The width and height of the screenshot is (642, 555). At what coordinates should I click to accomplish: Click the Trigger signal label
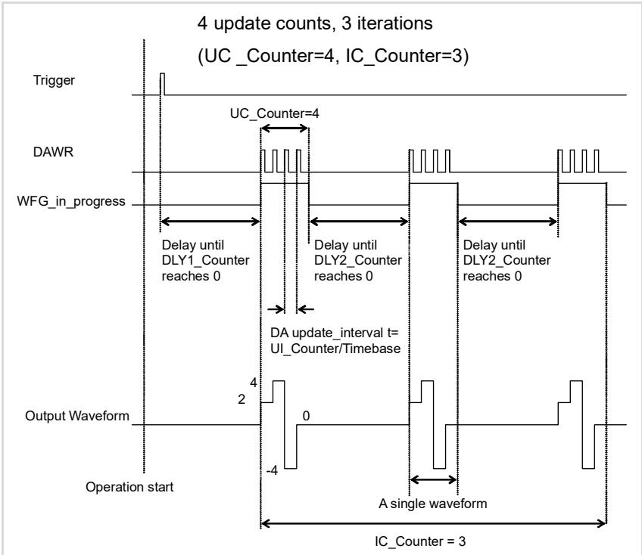(54, 80)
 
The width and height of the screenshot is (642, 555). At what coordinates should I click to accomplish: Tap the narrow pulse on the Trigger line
(162, 84)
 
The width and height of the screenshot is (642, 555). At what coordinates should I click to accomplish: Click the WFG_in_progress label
(71, 202)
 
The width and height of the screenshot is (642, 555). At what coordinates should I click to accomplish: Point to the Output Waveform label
(77, 416)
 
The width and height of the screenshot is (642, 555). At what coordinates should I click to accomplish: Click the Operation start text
(129, 487)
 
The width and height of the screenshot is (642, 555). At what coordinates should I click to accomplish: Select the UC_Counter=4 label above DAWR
(274, 113)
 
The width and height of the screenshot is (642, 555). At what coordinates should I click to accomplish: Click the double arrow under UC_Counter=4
(285, 129)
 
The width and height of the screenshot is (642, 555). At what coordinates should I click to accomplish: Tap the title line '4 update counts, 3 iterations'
(315, 23)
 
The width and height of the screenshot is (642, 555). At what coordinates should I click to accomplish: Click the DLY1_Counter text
(205, 260)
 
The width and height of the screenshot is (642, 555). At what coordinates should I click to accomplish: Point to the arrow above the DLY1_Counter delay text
(210, 222)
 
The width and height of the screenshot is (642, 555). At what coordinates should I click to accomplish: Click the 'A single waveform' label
(433, 504)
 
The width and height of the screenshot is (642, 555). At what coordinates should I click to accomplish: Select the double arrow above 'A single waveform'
(433, 479)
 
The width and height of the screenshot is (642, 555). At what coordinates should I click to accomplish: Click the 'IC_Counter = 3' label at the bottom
(420, 541)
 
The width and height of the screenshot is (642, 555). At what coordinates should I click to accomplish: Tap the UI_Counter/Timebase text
(335, 349)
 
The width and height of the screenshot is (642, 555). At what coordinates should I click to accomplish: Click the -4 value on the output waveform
(272, 470)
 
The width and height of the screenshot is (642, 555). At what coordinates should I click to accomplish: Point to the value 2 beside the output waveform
(242, 399)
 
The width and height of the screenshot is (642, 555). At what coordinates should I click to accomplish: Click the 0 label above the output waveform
(306, 416)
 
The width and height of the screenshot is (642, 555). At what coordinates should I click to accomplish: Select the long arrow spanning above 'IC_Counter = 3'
(433, 523)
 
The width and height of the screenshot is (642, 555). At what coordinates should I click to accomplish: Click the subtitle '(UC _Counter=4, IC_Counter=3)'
(333, 56)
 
